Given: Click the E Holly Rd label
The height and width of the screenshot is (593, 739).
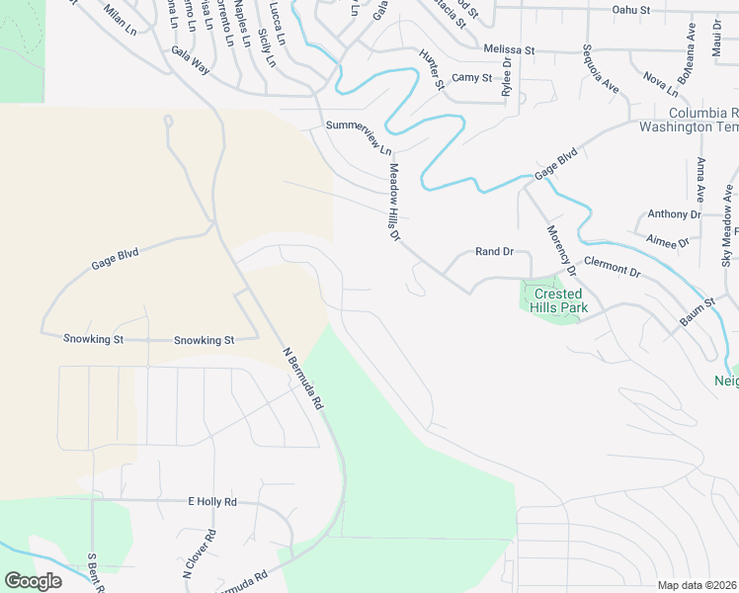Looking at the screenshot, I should pos(212,502).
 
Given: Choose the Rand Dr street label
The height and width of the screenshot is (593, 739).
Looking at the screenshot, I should pos(494,252).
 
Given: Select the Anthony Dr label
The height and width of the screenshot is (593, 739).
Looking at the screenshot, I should pos(674,214).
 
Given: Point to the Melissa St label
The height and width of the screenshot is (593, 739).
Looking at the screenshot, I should pos(509,49).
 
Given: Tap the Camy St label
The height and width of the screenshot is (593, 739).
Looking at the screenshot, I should pos(471,77).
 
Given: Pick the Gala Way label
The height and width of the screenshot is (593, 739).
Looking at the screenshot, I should pos(191,60).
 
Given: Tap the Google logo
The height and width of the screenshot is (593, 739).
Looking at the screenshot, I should pos(33,581).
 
